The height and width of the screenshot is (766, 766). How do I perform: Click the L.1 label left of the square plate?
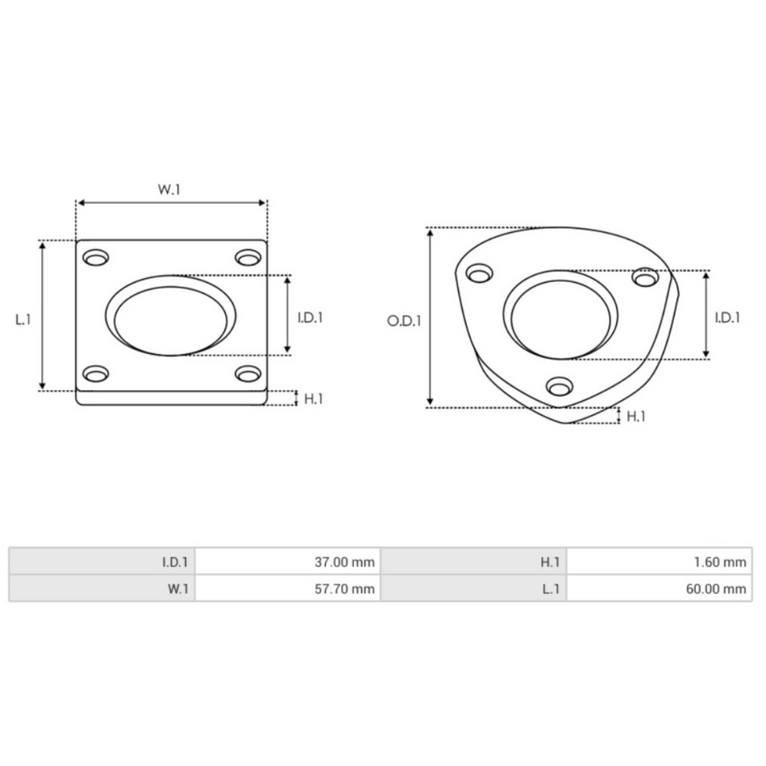pyautogui.click(x=23, y=318)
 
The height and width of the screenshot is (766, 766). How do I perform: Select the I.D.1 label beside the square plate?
pyautogui.click(x=310, y=318)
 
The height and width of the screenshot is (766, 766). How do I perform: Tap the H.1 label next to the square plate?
pyautogui.click(x=313, y=398)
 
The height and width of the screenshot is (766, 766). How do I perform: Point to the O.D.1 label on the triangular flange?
pyautogui.click(x=403, y=320)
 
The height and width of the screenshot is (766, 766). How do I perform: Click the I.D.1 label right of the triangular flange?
pyautogui.click(x=727, y=318)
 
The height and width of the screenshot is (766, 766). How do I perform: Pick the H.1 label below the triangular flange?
pyautogui.click(x=636, y=416)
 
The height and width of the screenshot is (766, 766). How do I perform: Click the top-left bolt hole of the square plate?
pyautogui.click(x=96, y=258)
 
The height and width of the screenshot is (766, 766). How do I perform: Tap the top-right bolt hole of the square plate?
pyautogui.click(x=248, y=258)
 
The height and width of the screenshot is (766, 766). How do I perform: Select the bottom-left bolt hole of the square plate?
pyautogui.click(x=95, y=374)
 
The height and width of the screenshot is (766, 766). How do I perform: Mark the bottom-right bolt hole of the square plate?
pyautogui.click(x=248, y=373)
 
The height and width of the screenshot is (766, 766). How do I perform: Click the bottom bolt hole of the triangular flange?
pyautogui.click(x=560, y=386)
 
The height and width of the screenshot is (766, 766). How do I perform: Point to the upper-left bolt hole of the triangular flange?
pyautogui.click(x=480, y=275)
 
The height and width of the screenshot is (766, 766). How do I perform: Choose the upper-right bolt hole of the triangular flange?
pyautogui.click(x=645, y=277)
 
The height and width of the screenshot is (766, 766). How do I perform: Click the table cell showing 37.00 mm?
pyautogui.click(x=287, y=562)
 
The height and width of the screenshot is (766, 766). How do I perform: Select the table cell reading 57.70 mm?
pyautogui.click(x=287, y=589)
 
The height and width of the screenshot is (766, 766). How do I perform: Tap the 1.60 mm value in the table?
pyautogui.click(x=659, y=562)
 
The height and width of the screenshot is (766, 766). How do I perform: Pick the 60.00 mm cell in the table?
pyautogui.click(x=659, y=589)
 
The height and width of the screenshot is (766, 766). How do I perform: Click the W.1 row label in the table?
pyautogui.click(x=102, y=589)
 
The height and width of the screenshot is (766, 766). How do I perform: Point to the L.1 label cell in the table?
pyautogui.click(x=473, y=589)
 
